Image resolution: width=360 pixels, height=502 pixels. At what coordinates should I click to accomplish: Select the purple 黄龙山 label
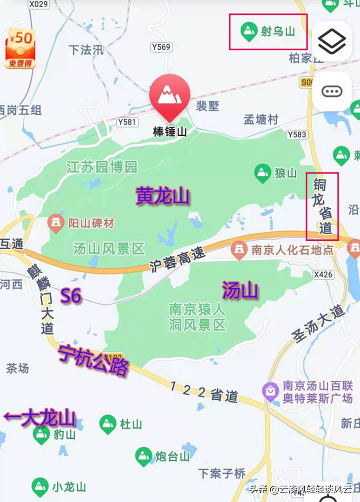(163, 196)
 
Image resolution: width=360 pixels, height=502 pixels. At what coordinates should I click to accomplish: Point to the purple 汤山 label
(240, 291)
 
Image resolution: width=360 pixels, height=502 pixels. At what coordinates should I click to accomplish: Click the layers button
(332, 41)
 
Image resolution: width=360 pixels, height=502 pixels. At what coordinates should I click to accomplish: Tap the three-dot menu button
(332, 91)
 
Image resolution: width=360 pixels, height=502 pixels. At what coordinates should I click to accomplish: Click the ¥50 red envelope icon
(21, 48)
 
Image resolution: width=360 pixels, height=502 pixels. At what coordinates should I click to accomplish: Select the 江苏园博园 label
(102, 167)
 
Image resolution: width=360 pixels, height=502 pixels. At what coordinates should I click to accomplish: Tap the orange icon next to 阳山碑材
(56, 224)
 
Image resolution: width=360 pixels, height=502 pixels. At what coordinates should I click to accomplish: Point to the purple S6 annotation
(72, 296)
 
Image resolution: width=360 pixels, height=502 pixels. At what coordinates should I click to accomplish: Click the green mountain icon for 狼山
(263, 172)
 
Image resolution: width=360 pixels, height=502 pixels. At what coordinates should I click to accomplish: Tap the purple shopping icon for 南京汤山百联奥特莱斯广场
(270, 391)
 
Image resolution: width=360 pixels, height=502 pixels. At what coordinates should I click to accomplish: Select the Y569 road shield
(161, 47)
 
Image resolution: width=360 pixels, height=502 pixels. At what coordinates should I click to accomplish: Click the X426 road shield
(323, 275)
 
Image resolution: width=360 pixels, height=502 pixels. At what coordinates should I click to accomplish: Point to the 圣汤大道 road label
(318, 324)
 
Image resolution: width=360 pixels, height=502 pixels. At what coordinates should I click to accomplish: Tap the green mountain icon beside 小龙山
(40, 487)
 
